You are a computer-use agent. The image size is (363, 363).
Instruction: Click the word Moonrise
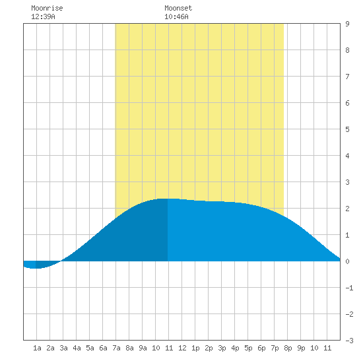click(x=47, y=8)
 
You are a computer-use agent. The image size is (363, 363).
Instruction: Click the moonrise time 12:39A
click(x=43, y=16)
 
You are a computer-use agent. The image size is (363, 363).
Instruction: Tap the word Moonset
click(x=178, y=8)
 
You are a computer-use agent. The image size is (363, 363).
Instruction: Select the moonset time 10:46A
click(x=176, y=16)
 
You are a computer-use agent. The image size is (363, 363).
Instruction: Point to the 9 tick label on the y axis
click(x=347, y=24)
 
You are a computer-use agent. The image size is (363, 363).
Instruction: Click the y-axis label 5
click(x=347, y=129)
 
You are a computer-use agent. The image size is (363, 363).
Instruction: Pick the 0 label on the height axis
click(x=347, y=261)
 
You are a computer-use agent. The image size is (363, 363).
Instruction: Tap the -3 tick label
click(x=349, y=341)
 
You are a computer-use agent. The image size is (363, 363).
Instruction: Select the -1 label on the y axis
click(x=349, y=288)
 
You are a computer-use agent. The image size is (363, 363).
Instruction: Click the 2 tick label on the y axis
click(x=347, y=209)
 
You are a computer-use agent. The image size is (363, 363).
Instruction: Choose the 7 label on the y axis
click(x=347, y=77)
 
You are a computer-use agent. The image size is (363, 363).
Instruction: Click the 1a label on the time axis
click(x=37, y=348)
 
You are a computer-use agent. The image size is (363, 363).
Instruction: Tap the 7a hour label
click(x=116, y=348)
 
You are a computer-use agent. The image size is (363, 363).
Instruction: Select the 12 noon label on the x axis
click(x=182, y=348)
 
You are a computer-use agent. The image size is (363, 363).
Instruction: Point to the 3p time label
click(x=222, y=348)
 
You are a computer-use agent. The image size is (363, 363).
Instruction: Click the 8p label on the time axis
click(x=288, y=348)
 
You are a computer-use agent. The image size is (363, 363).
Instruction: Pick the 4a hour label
click(x=77, y=348)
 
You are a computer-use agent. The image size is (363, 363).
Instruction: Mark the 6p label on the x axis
click(x=261, y=348)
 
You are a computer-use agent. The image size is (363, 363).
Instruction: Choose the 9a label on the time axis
click(x=143, y=348)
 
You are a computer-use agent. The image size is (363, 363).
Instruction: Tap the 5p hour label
click(x=248, y=348)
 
